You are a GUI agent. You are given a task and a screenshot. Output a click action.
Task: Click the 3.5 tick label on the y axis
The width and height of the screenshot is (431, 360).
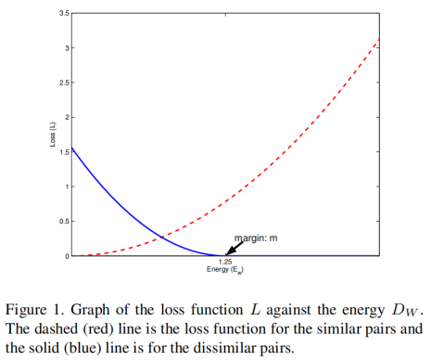coord(62,13)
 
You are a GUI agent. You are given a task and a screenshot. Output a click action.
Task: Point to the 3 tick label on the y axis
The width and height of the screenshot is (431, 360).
coord(66,47)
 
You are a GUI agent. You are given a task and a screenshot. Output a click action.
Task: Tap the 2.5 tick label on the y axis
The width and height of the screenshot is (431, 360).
coord(62,83)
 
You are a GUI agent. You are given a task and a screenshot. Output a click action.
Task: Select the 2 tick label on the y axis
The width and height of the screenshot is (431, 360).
coord(66,117)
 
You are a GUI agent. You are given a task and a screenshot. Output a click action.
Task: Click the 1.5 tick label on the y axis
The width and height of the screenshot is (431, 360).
coord(62,151)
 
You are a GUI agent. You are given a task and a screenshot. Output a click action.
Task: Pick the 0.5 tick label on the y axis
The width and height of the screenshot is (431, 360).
coord(62,221)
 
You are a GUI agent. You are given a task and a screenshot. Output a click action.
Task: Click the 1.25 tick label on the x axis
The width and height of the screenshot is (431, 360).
coord(223,264)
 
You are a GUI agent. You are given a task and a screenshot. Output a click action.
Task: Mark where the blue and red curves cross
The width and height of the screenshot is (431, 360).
coord(161,238)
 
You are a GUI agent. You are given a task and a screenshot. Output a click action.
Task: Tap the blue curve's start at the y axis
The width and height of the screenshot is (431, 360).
coord(72,147)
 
